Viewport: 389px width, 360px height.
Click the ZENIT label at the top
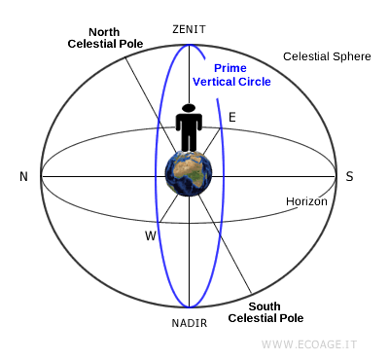(189, 29)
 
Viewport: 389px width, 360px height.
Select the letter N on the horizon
(22, 176)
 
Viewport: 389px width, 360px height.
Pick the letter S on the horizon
(349, 176)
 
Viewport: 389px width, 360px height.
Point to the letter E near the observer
(231, 118)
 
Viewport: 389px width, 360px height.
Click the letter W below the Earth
(151, 235)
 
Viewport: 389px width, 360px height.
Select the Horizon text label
(306, 201)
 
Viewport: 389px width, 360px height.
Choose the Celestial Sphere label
(327, 56)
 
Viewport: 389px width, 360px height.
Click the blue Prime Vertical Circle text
(231, 75)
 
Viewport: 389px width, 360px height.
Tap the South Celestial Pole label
(265, 311)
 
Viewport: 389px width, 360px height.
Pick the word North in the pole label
(104, 31)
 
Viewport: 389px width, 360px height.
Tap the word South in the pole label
(265, 306)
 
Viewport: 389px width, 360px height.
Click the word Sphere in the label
(351, 56)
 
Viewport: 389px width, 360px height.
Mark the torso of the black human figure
(189, 124)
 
